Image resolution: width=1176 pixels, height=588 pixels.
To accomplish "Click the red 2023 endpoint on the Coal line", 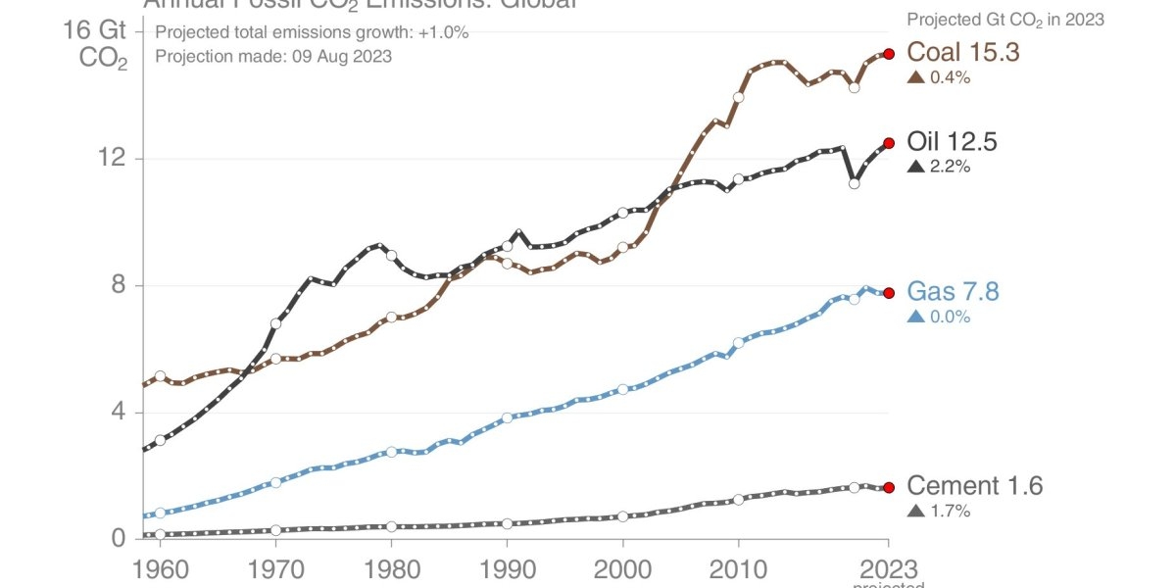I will click(889, 54).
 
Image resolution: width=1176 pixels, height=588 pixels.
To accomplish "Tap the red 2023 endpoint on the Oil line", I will click(889, 143).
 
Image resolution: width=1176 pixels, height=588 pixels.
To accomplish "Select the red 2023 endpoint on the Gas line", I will click(889, 293).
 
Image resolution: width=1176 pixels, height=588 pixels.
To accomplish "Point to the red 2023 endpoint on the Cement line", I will click(889, 487).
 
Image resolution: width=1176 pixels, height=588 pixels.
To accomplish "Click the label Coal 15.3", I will click(963, 53).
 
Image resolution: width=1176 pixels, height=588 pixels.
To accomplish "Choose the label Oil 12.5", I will click(952, 142).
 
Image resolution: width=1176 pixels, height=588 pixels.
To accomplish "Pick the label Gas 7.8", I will click(953, 292).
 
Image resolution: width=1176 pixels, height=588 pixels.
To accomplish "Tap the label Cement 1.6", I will click(975, 485).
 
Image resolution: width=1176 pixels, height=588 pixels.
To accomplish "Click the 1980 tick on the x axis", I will click(391, 569).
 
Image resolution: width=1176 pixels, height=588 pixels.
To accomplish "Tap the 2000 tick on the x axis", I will click(622, 569).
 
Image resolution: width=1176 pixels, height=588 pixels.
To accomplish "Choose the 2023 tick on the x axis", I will click(889, 569).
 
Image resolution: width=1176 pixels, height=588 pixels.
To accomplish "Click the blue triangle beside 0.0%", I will click(916, 317).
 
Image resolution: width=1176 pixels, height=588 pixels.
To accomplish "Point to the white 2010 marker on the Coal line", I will click(738, 98).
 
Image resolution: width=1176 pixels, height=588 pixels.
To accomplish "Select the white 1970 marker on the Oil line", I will click(275, 323).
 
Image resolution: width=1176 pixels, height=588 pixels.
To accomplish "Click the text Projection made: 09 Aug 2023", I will click(273, 56).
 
